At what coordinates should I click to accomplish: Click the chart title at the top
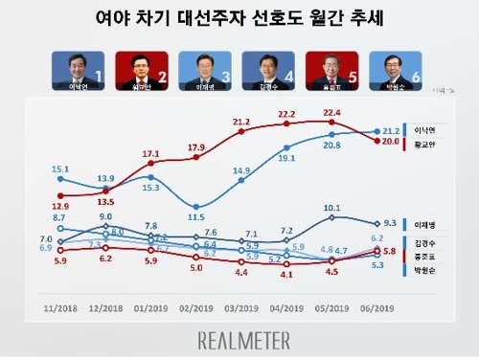coord(239,18)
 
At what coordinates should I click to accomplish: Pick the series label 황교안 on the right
coord(423,142)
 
